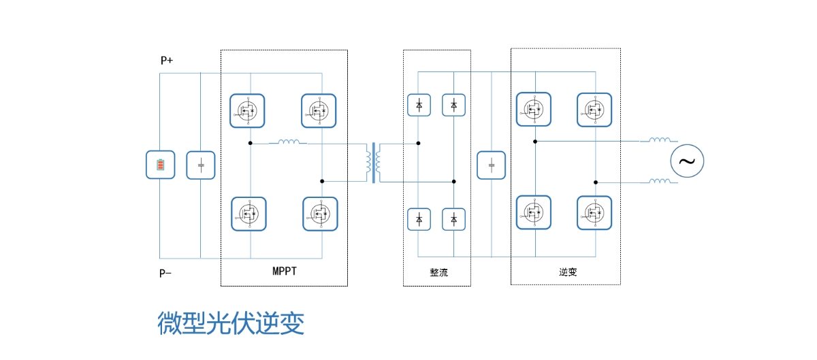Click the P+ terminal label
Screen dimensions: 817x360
167,60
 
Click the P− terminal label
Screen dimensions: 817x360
165,273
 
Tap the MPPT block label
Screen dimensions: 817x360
285,272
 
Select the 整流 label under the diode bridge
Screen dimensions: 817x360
438,272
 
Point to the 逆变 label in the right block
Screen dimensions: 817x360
568,272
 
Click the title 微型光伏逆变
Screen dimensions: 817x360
231,323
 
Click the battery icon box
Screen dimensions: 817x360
161,165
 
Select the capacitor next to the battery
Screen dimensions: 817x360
201,165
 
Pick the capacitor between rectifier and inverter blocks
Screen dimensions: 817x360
492,165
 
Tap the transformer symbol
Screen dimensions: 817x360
373,163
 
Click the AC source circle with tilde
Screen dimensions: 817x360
687,161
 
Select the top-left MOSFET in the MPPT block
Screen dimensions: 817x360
247,111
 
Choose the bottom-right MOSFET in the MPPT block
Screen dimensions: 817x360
320,214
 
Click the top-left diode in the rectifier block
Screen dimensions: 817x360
419,105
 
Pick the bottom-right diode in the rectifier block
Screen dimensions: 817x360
453,219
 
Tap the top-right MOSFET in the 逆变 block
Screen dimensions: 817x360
594,110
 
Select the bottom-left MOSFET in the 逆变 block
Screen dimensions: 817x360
534,212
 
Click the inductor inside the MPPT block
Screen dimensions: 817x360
289,142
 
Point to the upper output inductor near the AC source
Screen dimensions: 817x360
660,140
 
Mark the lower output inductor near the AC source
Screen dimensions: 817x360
660,180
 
